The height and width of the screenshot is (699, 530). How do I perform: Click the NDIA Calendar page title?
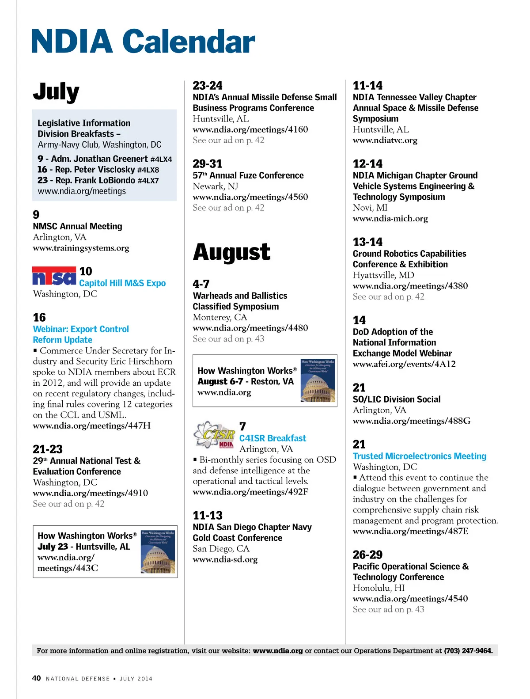[143, 41]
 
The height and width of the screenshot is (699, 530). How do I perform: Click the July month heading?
[56, 92]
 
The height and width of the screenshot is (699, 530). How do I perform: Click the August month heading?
[231, 252]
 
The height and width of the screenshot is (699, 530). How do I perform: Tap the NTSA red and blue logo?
[54, 276]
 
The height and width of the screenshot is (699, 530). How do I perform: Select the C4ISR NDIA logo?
[214, 435]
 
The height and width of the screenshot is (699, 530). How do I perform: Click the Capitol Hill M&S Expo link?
[122, 283]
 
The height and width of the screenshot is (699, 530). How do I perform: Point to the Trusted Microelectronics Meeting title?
[419, 456]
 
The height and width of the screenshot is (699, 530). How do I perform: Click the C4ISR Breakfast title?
[273, 438]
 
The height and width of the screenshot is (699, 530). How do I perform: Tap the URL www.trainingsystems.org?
[81, 248]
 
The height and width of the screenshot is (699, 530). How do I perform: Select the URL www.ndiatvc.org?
[385, 141]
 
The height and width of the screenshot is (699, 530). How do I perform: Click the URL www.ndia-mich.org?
[390, 219]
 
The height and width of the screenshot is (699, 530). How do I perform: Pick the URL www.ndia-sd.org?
[225, 559]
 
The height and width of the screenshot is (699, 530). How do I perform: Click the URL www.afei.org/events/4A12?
[404, 364]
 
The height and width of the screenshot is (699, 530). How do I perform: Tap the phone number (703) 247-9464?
[468, 650]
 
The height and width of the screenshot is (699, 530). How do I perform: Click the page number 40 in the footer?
[37, 678]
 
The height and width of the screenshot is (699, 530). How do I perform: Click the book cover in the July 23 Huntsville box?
[158, 551]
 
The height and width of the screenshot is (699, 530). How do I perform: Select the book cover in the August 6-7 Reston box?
[318, 380]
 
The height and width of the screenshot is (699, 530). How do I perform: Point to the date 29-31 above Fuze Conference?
[207, 164]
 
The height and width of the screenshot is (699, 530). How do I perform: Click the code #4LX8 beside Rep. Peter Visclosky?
[148, 170]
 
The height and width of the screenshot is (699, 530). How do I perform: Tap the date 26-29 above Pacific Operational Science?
[367, 555]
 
